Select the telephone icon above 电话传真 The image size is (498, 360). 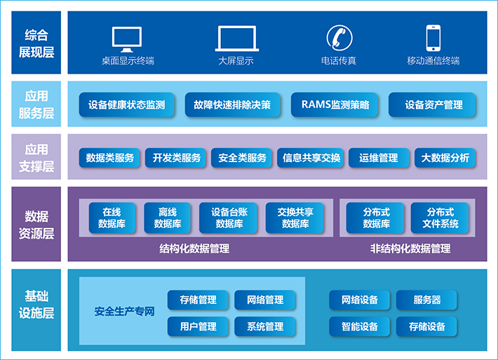[338, 38]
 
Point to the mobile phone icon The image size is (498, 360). [433, 38]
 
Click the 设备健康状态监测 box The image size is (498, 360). [127, 105]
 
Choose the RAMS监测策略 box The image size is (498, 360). [335, 105]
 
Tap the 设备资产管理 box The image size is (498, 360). [433, 105]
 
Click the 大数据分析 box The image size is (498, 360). [445, 158]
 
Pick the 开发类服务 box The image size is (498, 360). [177, 158]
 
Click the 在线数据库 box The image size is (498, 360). [112, 218]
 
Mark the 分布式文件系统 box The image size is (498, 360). [440, 218]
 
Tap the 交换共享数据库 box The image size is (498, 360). [295, 218]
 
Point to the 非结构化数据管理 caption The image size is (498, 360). [410, 248]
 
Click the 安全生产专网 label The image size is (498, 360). [124, 312]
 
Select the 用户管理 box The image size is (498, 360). [198, 326]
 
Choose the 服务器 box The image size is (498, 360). [427, 300]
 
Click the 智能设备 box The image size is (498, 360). [360, 326]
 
